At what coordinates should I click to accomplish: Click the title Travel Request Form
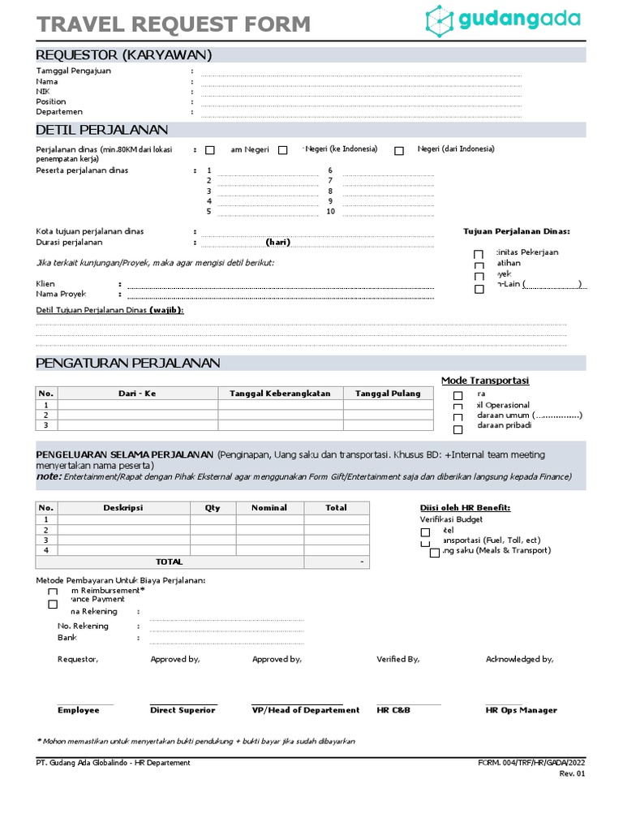173,24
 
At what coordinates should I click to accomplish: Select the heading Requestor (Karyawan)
123,55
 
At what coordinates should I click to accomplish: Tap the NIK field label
43,92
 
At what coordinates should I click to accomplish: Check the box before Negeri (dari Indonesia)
399,150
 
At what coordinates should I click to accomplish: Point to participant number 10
330,212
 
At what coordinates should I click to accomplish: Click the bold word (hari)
277,243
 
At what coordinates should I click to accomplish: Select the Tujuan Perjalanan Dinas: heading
516,231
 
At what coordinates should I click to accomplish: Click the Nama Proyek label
61,294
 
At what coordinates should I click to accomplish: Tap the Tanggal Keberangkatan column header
280,394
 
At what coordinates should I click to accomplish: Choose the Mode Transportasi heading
484,381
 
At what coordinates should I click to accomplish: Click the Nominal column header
269,508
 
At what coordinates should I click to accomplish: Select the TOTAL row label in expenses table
169,562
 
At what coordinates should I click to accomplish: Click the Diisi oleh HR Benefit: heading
465,508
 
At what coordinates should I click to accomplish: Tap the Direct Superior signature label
183,710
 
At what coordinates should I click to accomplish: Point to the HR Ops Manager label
521,710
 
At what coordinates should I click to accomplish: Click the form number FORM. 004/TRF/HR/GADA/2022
531,763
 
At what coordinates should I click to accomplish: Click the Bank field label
67,638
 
